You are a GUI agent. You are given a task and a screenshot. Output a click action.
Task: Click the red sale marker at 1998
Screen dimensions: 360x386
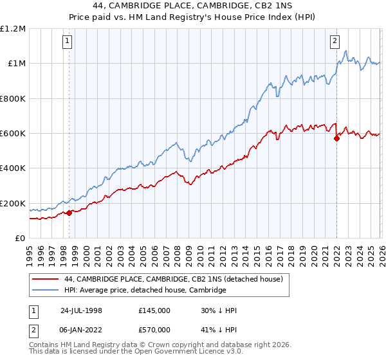(69, 213)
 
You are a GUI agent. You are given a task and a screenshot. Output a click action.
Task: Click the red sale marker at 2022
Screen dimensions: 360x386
(336, 138)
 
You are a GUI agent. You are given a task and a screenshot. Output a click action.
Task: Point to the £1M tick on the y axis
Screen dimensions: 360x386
(17, 64)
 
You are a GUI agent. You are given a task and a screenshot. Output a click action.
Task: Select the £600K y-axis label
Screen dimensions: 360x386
(14, 134)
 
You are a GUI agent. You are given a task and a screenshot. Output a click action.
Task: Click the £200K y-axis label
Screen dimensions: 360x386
(14, 203)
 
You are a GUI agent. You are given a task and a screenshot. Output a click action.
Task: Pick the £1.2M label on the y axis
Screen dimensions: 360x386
(14, 29)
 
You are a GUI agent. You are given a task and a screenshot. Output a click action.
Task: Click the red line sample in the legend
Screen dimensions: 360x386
(46, 280)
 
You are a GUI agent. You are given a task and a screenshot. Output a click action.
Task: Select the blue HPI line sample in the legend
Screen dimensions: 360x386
(46, 291)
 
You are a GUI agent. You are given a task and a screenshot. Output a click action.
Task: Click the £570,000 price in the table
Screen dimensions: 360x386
(154, 330)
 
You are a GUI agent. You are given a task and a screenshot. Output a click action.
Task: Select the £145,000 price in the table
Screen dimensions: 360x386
(154, 310)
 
